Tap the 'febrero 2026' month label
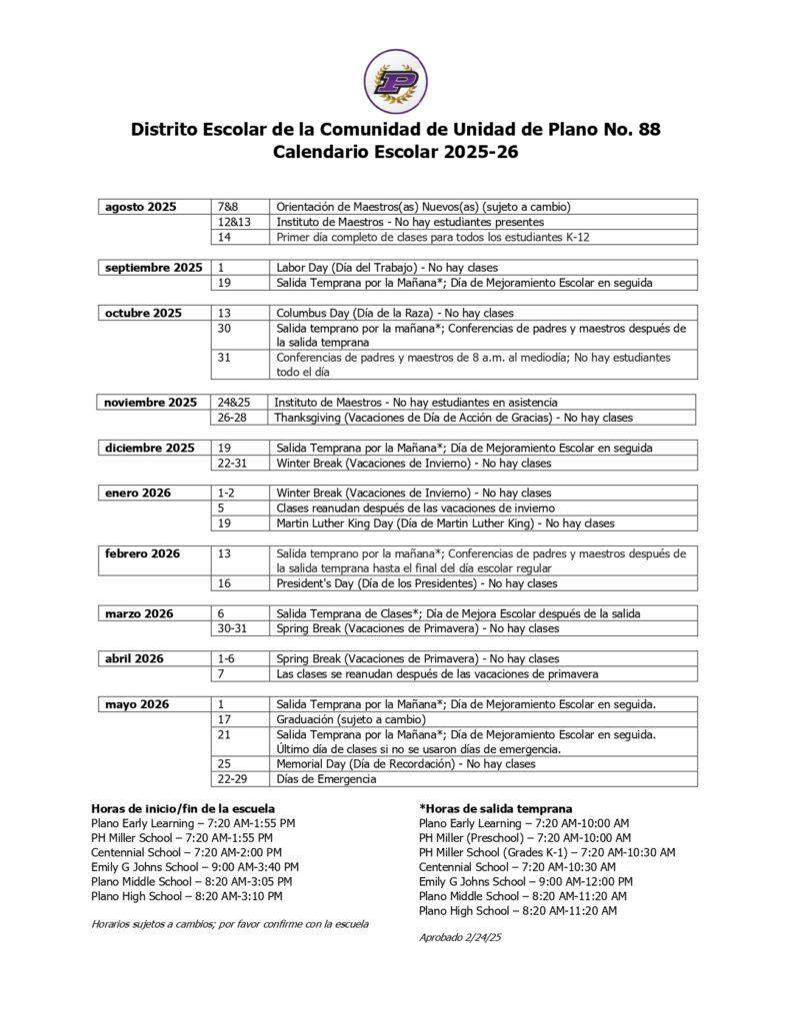142,552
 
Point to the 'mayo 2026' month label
137,704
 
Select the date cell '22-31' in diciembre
232,464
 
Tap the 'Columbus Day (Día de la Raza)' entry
395,313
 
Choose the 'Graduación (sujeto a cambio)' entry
351,719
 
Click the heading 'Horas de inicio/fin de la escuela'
184,806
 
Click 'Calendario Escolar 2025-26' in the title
396,152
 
